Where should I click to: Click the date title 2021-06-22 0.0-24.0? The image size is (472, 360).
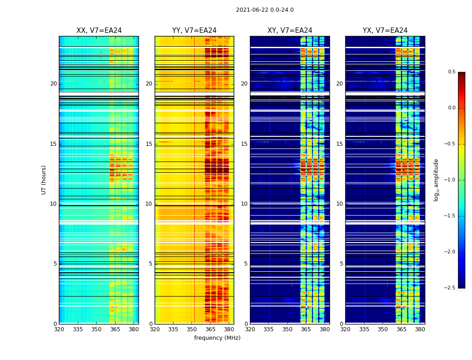(x=264, y=10)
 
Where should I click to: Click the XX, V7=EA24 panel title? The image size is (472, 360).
(x=99, y=31)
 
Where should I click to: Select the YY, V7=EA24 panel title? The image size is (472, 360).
(x=194, y=31)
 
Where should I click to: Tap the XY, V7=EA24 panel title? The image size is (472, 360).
(x=289, y=31)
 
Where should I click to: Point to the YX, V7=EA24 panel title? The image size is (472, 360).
(x=385, y=31)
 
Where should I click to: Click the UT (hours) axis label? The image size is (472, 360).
(x=44, y=180)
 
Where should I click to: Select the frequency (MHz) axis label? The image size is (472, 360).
(x=217, y=338)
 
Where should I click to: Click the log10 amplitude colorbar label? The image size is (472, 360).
(x=436, y=180)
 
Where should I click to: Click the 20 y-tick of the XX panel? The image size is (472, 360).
(x=53, y=84)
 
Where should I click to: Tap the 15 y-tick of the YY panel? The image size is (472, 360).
(x=149, y=144)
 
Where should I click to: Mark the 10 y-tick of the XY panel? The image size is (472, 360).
(x=245, y=204)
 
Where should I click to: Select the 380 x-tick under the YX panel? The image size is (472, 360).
(x=420, y=329)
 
